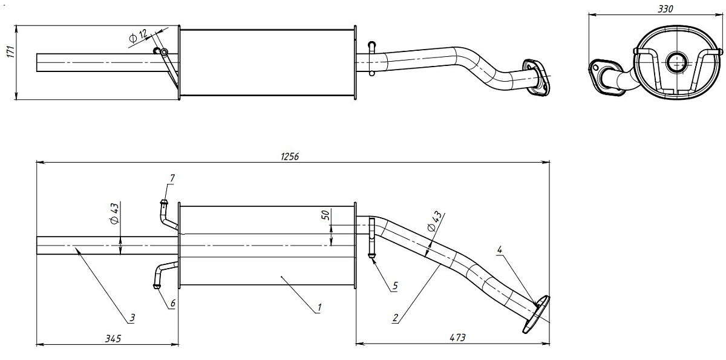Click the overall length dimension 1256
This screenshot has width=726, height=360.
point(290,157)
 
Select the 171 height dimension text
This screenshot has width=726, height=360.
point(10,53)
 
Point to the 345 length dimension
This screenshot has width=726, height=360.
point(112,338)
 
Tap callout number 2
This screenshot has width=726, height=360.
point(394,316)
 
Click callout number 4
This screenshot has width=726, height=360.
point(499,249)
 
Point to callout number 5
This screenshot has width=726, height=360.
point(394,285)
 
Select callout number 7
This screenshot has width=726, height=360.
point(172,177)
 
